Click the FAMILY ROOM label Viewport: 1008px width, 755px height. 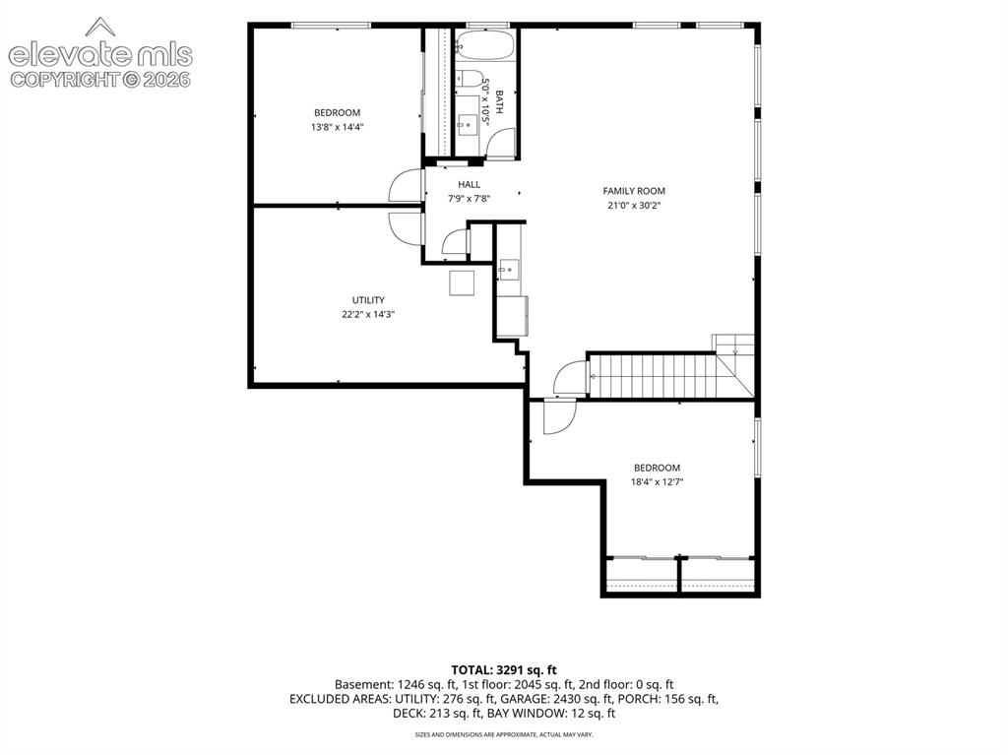(x=634, y=191)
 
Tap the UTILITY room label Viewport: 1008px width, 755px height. (x=368, y=300)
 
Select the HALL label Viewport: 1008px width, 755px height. (x=470, y=185)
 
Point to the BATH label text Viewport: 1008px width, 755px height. (x=499, y=103)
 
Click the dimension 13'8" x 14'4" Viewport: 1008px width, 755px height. (x=338, y=127)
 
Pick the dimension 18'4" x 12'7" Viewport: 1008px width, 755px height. (x=657, y=481)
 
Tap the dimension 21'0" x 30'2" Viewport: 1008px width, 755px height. (x=634, y=206)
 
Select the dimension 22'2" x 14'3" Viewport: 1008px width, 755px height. (x=368, y=315)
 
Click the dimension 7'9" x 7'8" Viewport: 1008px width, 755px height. (x=470, y=200)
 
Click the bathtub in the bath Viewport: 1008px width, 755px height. (x=485, y=45)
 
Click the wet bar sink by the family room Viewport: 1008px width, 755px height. (x=510, y=270)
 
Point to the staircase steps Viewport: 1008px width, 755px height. (x=653, y=376)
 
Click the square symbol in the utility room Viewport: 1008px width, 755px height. (x=462, y=283)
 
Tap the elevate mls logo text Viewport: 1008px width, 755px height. (x=100, y=55)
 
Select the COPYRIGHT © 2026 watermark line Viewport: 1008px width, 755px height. (x=100, y=80)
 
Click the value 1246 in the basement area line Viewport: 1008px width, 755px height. (x=411, y=685)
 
